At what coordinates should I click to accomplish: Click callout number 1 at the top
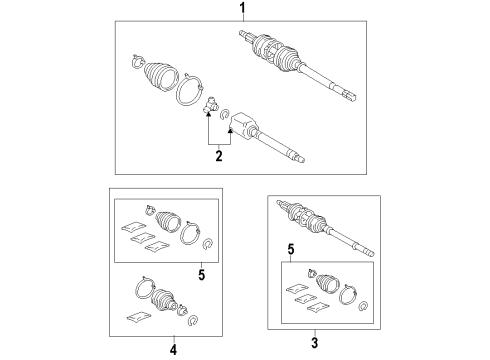point(241,9)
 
